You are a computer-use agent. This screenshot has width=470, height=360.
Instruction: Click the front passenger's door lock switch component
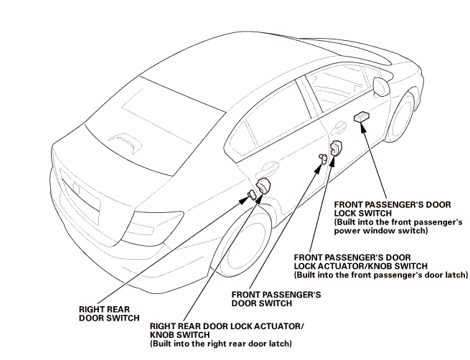click(362, 117)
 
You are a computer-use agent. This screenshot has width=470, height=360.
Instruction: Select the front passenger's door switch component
click(323, 159)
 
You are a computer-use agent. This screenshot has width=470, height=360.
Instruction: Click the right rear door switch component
click(252, 194)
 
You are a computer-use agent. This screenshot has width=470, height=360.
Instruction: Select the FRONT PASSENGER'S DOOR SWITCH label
click(275, 298)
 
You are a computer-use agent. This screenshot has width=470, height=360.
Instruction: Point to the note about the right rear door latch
click(220, 344)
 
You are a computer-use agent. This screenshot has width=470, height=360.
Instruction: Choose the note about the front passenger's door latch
click(381, 275)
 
